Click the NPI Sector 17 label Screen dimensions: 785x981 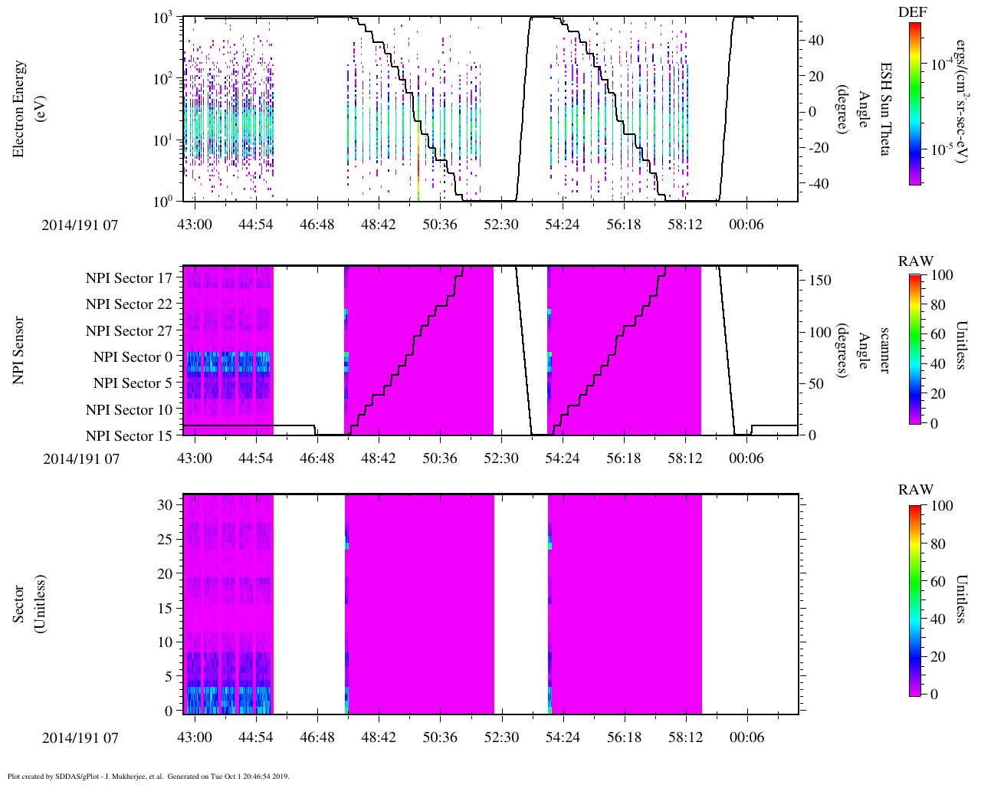tap(129, 278)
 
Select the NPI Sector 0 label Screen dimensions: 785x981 tap(133, 357)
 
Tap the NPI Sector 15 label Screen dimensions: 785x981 tap(129, 436)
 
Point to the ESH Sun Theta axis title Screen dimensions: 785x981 tap(884, 109)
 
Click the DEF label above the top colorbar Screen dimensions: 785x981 tap(912, 12)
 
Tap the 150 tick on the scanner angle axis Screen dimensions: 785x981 tap(820, 281)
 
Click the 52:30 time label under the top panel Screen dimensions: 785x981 tap(500, 224)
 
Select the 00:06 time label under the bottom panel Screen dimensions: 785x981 tap(746, 737)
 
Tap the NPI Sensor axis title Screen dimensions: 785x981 tap(18, 350)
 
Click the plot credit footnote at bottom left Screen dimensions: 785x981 tap(148, 777)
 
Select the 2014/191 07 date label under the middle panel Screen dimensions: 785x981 tap(80, 458)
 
